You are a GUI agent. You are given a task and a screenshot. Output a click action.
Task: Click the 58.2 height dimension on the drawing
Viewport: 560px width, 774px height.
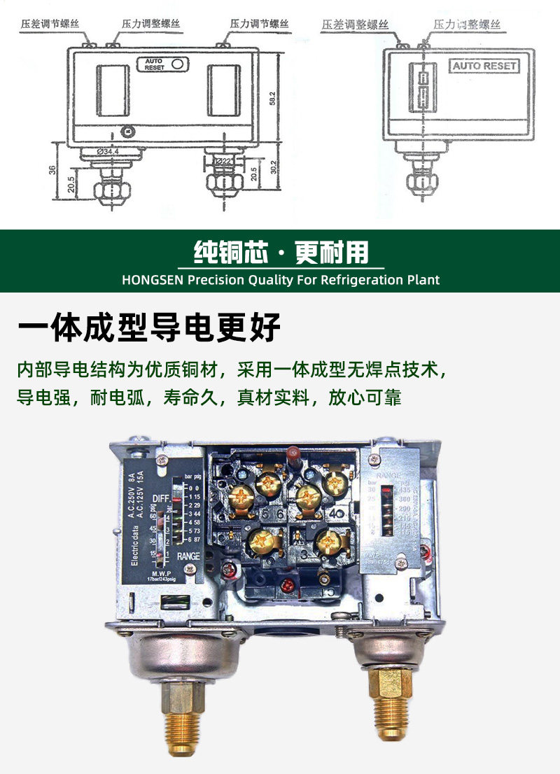(x=273, y=98)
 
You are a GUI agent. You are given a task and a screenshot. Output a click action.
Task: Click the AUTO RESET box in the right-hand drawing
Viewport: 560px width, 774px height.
(x=484, y=66)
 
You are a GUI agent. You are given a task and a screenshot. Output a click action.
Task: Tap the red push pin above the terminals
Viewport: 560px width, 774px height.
(x=293, y=455)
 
